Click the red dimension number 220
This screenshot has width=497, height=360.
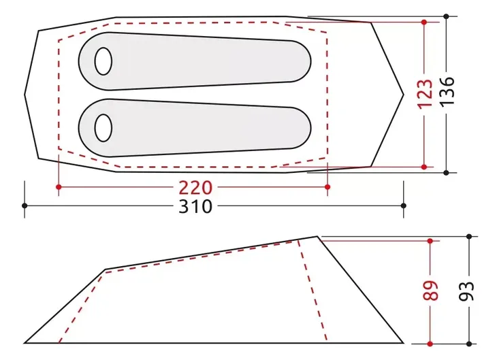click(195, 186)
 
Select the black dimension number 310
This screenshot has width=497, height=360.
click(195, 206)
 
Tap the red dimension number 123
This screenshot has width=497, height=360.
click(425, 94)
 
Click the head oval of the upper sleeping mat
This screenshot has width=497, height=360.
click(103, 61)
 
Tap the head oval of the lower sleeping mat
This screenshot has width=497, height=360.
click(103, 127)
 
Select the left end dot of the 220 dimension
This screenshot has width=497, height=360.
click(59, 186)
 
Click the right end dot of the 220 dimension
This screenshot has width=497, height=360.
click(327, 186)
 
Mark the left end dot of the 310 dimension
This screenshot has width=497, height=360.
click(25, 206)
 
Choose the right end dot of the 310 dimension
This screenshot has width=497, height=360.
click(404, 206)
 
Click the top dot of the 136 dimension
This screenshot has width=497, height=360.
click(446, 16)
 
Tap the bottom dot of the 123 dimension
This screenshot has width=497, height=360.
click(424, 167)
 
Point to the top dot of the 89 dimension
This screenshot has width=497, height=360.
click(430, 241)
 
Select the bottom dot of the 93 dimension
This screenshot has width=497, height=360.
click(469, 343)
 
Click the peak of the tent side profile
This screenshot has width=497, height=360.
click(318, 236)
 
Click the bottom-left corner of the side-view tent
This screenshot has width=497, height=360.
click(25, 343)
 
